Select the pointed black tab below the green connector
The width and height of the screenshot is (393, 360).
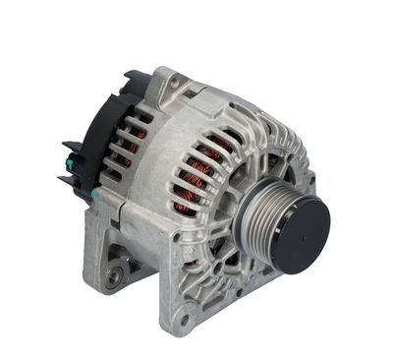click(67, 182)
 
